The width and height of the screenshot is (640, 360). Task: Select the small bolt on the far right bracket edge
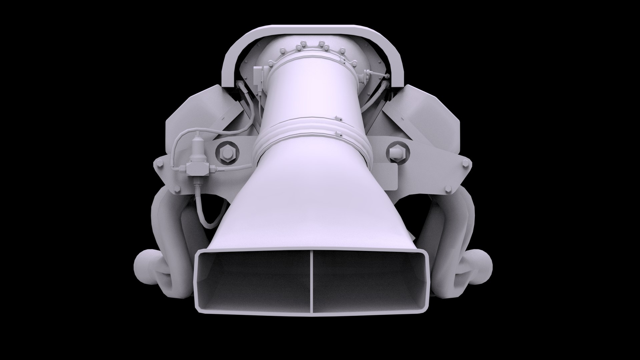[x=465, y=163]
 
